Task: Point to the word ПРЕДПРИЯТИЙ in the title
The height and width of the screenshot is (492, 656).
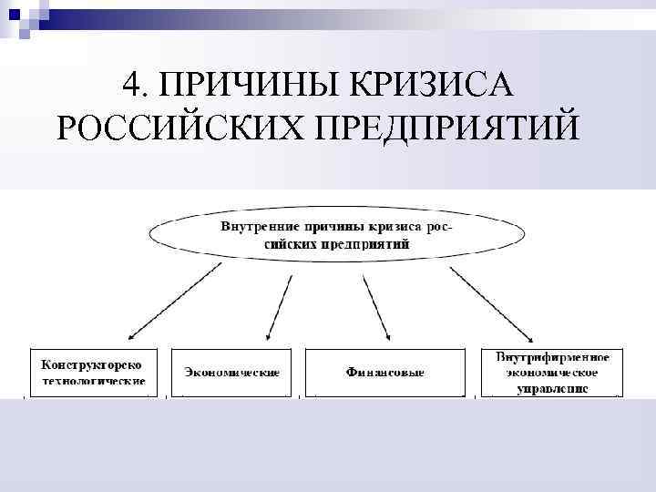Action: pyautogui.click(x=446, y=128)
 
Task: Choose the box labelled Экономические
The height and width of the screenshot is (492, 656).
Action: pyautogui.click(x=231, y=373)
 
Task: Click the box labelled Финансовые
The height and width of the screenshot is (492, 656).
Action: pyautogui.click(x=385, y=373)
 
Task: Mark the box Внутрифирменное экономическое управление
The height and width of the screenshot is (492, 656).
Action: pyautogui.click(x=553, y=372)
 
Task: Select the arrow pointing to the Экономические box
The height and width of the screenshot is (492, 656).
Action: pyautogui.click(x=281, y=304)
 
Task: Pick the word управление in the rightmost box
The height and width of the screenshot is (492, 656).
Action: pyautogui.click(x=553, y=388)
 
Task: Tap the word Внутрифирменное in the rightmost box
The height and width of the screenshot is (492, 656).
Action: pyautogui.click(x=553, y=356)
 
